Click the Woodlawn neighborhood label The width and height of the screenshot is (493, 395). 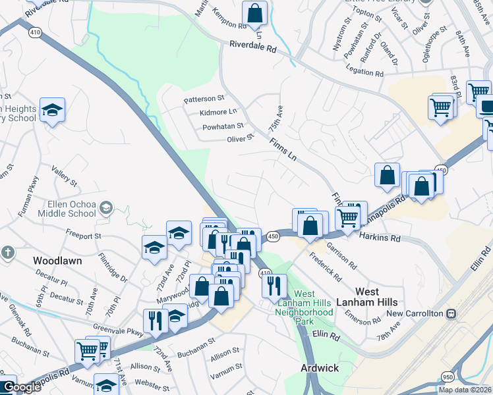[x=57, y=261]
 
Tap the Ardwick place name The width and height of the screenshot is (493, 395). [x=319, y=368]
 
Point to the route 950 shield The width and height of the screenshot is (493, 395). [x=447, y=377]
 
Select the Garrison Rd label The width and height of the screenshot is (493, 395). [x=342, y=256]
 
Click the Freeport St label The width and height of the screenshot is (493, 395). [x=83, y=234]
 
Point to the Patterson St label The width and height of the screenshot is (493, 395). [x=204, y=99]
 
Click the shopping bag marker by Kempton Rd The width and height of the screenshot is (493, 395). [x=254, y=13]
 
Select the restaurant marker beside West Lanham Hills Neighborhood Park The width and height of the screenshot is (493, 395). [x=274, y=286]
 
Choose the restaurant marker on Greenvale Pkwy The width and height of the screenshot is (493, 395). [x=154, y=321]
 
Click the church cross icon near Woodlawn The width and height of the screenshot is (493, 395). [x=7, y=252]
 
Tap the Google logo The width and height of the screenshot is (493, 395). [x=21, y=387]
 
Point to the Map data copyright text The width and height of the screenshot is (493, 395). [x=465, y=390]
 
